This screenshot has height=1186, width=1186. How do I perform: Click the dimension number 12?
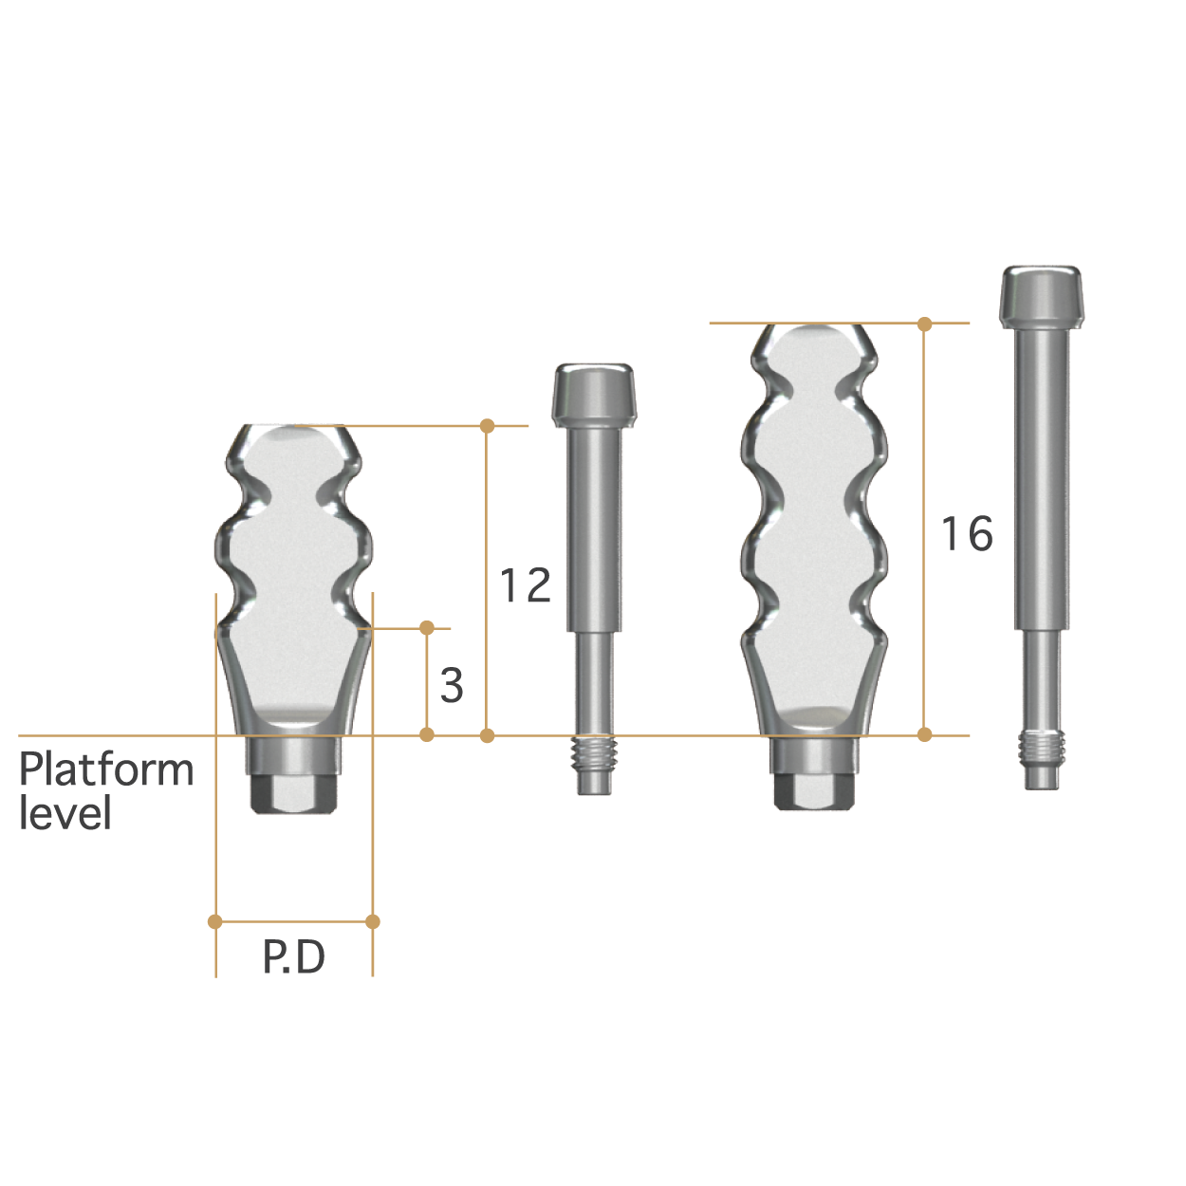pyautogui.click(x=526, y=585)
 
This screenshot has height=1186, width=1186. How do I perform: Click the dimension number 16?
pyautogui.click(x=967, y=533)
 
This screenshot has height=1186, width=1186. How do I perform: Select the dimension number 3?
pyautogui.click(x=452, y=685)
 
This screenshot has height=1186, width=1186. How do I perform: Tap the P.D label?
pyautogui.click(x=294, y=957)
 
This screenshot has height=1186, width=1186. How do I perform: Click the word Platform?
pyautogui.click(x=106, y=769)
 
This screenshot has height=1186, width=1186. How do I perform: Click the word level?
pyautogui.click(x=65, y=814)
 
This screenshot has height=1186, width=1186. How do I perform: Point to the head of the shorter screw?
pyautogui.click(x=594, y=392)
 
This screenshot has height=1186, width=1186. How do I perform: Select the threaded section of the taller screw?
pyautogui.click(x=1044, y=749)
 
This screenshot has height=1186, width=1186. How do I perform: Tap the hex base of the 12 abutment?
pyautogui.click(x=294, y=795)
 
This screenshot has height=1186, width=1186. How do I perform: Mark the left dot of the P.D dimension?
pyautogui.click(x=215, y=921)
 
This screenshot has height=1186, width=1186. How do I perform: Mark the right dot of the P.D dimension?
pyautogui.click(x=373, y=921)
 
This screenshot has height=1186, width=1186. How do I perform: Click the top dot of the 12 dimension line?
pyautogui.click(x=488, y=426)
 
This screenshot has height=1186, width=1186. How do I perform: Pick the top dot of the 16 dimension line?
pyautogui.click(x=925, y=324)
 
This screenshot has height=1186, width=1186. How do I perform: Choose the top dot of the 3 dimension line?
pyautogui.click(x=427, y=628)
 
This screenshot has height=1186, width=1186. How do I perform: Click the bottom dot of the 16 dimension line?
pyautogui.click(x=925, y=734)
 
